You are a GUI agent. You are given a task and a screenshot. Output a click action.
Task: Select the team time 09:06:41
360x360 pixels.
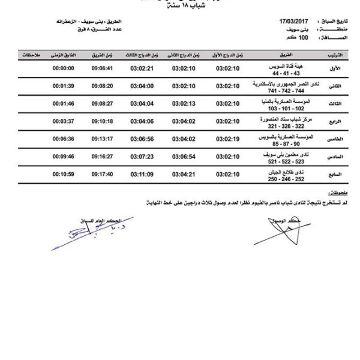103,68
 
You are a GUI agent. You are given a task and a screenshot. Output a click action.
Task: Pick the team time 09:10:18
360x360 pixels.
103,121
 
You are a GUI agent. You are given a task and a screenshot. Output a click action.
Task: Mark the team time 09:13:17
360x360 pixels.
103,139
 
